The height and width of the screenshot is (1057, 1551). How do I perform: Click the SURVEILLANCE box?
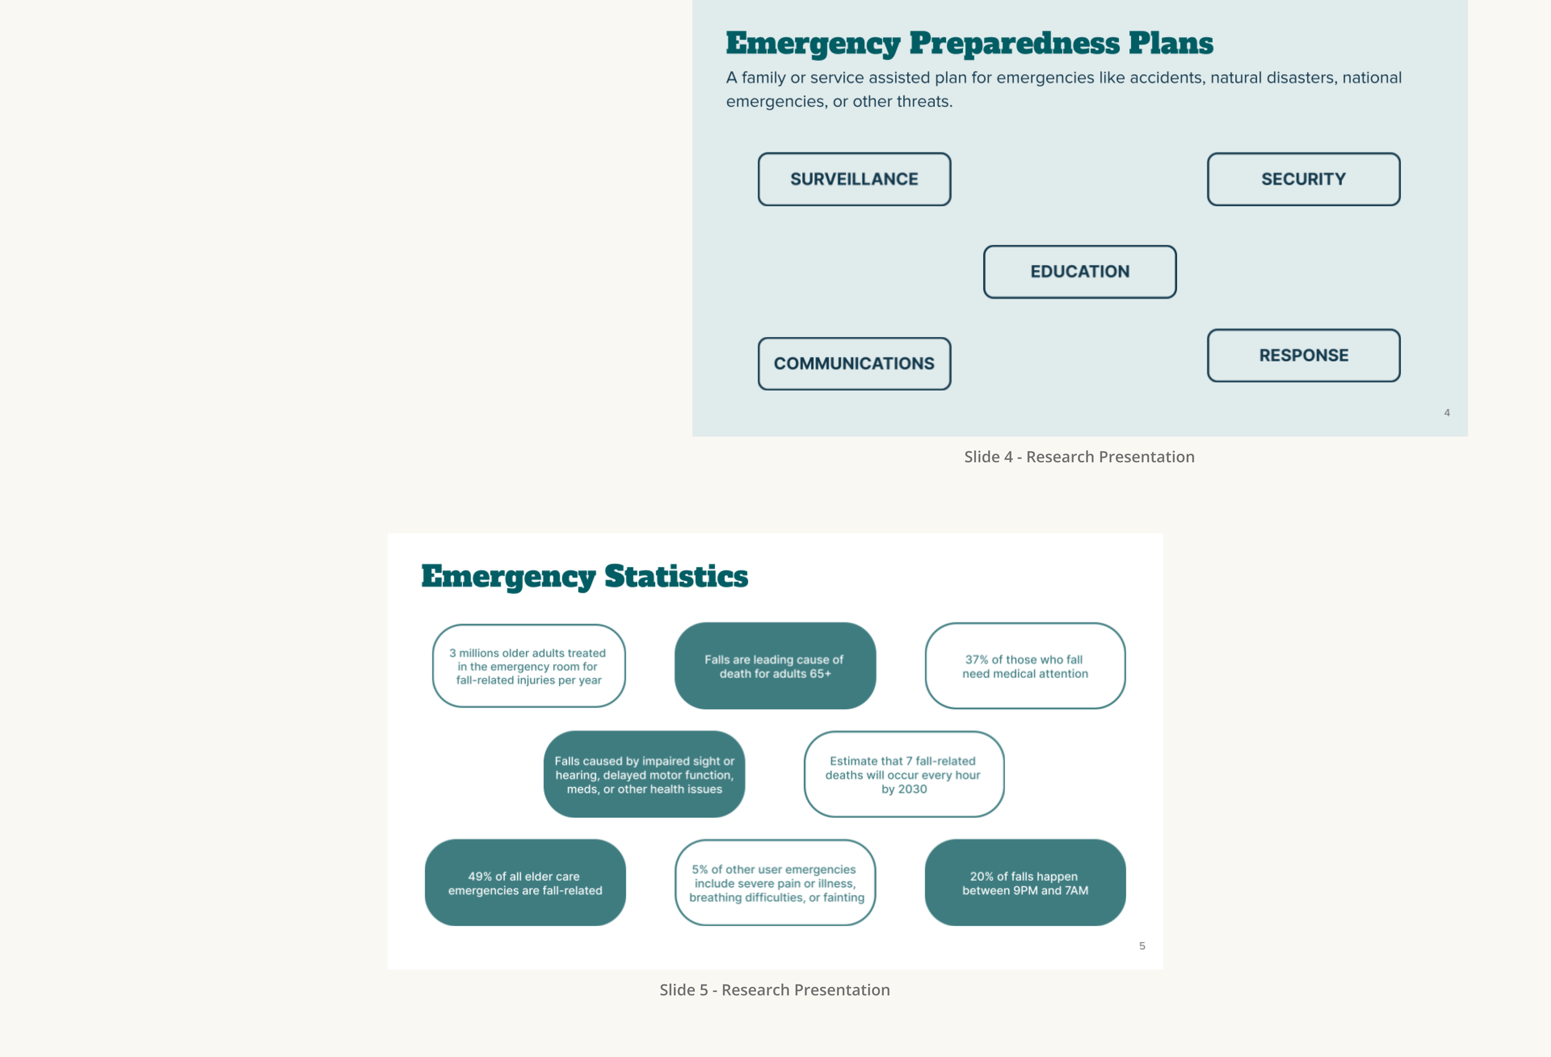tap(854, 179)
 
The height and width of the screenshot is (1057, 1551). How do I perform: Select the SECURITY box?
tap(1303, 179)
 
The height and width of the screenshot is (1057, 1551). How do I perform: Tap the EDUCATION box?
tap(1080, 272)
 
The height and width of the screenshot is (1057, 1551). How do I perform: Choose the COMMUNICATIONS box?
tap(854, 364)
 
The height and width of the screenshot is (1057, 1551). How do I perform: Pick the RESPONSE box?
tap(1303, 355)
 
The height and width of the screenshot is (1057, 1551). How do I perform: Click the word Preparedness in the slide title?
tap(1014, 43)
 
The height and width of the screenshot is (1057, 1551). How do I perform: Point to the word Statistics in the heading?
tap(676, 576)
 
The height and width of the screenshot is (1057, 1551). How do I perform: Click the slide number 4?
tap(1447, 413)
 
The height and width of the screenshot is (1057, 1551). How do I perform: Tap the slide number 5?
tap(1142, 946)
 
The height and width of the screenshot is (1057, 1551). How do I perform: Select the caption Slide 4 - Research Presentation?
tap(1079, 457)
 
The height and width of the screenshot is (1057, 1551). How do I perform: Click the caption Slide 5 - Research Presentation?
tap(774, 989)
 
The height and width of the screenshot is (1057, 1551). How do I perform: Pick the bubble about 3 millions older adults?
tap(529, 666)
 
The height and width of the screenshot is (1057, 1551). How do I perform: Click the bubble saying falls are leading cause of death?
tap(775, 666)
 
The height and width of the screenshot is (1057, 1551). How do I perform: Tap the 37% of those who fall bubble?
tap(1025, 666)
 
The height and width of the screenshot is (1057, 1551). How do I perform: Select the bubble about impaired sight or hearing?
tap(644, 775)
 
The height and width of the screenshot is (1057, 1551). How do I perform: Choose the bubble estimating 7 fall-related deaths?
tap(904, 775)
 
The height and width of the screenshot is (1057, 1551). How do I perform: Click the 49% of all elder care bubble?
tap(525, 883)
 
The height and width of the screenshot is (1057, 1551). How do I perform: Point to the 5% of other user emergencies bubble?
tap(775, 883)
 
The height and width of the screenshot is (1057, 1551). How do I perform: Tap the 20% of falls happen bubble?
tap(1025, 883)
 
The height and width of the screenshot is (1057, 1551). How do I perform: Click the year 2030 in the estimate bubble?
tap(913, 789)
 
